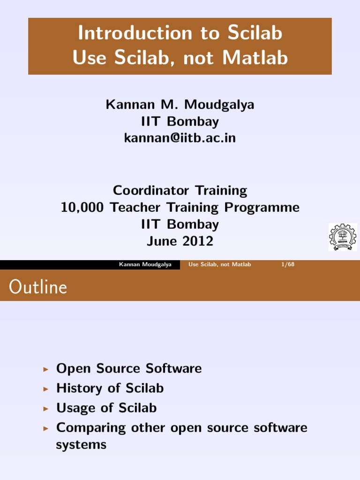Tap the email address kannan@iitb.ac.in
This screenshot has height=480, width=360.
tap(180, 138)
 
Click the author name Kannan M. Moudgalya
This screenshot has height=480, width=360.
tap(180, 105)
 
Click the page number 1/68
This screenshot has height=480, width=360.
tap(287, 264)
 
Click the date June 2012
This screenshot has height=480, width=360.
tap(180, 241)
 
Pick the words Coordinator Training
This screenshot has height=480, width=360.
tap(180, 190)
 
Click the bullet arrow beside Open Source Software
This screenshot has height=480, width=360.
tap(45, 369)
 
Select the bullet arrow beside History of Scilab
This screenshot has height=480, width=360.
tap(45, 389)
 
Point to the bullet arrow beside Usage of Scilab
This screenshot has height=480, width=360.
tap(45, 409)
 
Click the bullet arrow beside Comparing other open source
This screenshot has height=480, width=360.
tap(45, 428)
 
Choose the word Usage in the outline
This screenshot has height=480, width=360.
tap(74, 408)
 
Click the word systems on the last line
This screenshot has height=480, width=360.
tap(81, 445)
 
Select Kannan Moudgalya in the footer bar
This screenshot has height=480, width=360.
tap(145, 264)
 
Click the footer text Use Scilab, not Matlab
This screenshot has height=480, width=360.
tap(219, 264)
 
